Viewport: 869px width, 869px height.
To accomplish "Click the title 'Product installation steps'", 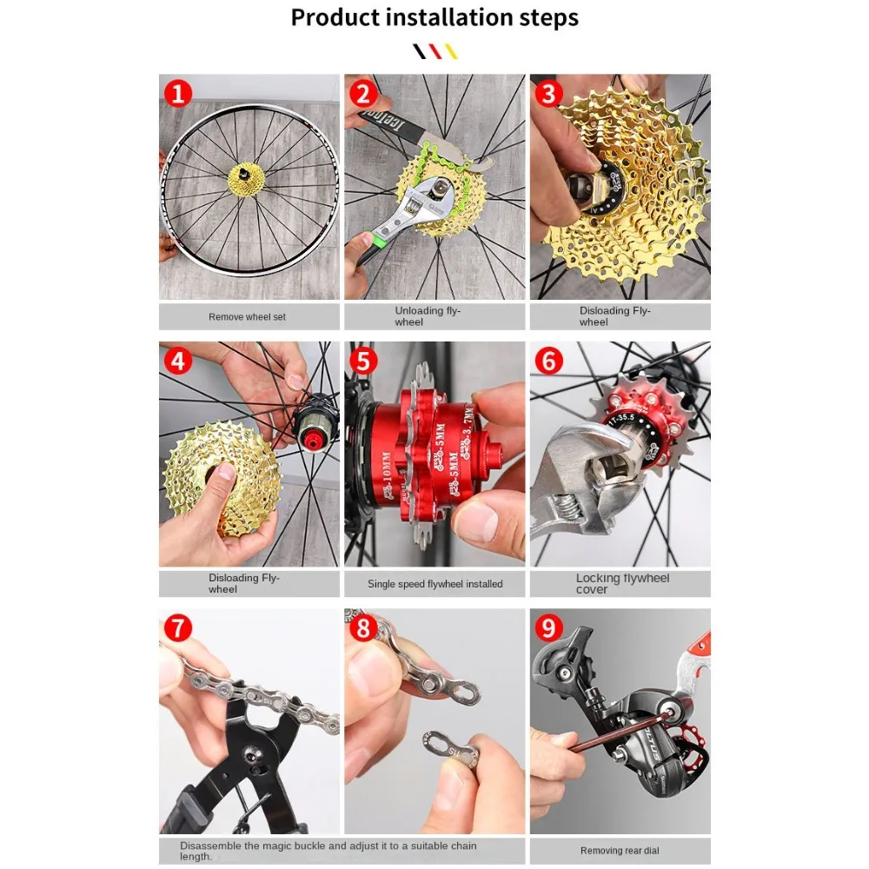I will [434, 17].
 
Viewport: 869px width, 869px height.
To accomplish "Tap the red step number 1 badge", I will [178, 93].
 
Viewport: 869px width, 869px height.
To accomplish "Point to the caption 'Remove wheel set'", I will [247, 317].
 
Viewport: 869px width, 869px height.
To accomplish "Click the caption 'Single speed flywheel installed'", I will [434, 584].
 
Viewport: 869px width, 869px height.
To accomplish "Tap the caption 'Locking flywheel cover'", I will [622, 583].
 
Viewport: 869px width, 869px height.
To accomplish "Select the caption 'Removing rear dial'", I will [620, 851].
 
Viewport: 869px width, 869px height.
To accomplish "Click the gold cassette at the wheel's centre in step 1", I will [246, 180].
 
